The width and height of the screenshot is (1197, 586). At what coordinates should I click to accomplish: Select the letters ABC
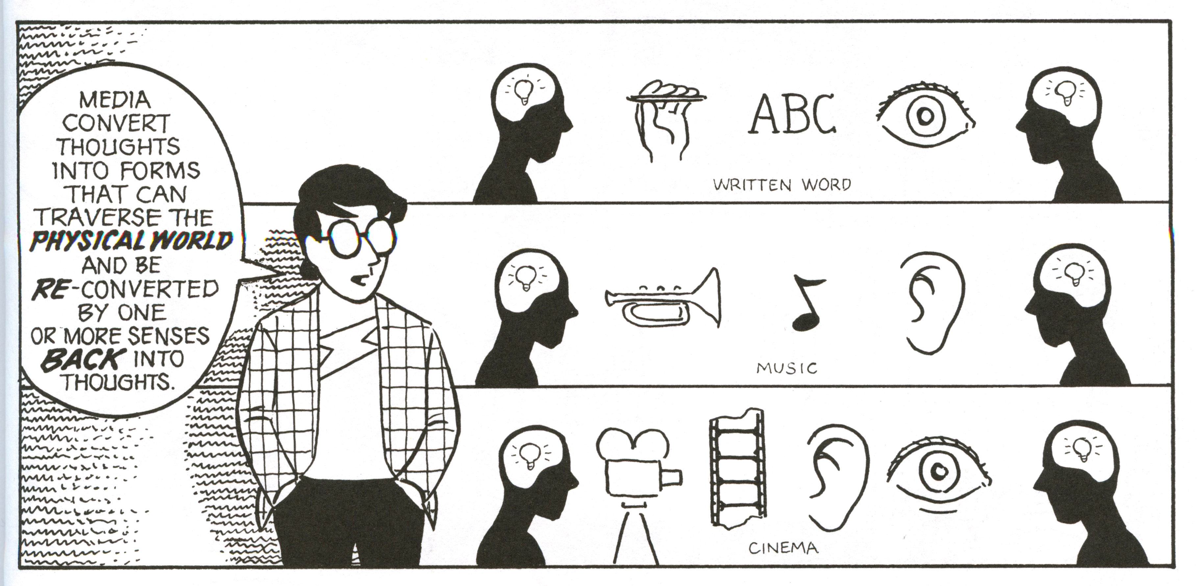pos(792,114)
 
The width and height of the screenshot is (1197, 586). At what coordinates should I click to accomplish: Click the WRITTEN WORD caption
pos(782,185)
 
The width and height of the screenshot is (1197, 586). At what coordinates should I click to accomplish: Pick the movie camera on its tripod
pos(636,493)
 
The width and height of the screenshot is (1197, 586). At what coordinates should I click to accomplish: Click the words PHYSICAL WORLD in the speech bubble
pos(131,242)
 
